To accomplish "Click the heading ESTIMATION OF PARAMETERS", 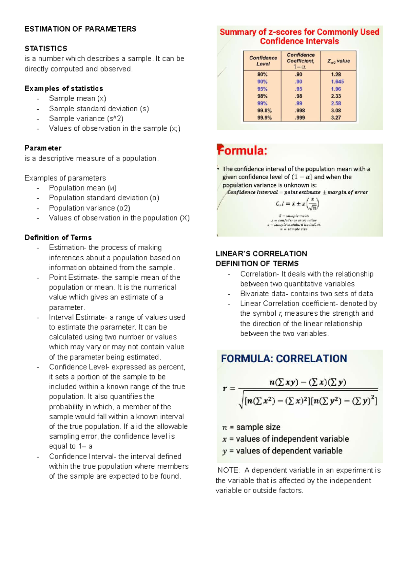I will [80, 29].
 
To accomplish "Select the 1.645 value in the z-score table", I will [337, 81].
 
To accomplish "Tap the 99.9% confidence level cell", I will [264, 117].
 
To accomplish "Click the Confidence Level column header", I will [263, 61].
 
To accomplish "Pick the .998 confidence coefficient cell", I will [299, 110].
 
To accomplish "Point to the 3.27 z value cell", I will [336, 117].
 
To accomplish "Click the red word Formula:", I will [242, 150].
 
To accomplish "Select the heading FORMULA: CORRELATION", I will [284, 358].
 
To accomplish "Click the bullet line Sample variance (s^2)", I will [86, 118].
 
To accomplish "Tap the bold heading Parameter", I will [43, 148].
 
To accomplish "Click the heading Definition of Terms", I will [58, 237].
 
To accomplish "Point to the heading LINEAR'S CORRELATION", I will [261, 254].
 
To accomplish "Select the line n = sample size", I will [251, 427].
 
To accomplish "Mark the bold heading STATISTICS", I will [46, 49].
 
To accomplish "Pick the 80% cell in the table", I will [262, 74].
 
